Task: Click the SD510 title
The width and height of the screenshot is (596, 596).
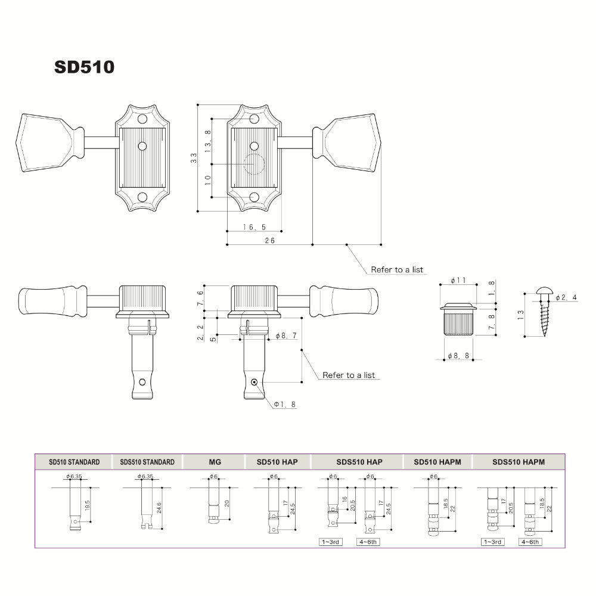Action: [84, 67]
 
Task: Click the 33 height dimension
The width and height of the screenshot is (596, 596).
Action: [194, 158]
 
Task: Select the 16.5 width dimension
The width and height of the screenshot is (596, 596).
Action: [254, 227]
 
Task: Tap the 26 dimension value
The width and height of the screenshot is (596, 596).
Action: [269, 240]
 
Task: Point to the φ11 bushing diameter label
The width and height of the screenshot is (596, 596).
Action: [458, 280]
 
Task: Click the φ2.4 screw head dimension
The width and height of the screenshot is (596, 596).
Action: [566, 297]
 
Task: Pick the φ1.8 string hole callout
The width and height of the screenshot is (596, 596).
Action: [285, 404]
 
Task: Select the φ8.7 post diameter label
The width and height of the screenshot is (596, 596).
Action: [286, 336]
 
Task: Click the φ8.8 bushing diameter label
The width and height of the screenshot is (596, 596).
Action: [458, 356]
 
